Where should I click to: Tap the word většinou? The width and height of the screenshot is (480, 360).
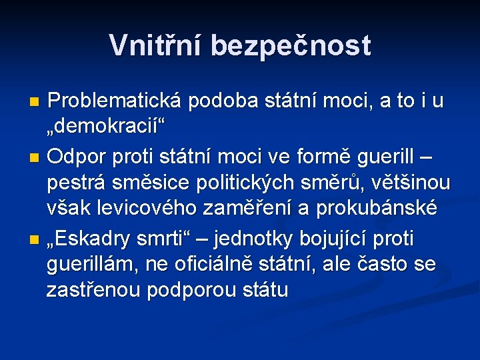coord(406,182)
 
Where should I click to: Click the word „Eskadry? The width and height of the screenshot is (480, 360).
coord(89,237)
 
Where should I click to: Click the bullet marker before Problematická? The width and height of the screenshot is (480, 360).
coord(36,103)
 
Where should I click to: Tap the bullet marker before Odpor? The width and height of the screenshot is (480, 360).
coord(36,157)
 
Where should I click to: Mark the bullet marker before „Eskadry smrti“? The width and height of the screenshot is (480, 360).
coord(36,238)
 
